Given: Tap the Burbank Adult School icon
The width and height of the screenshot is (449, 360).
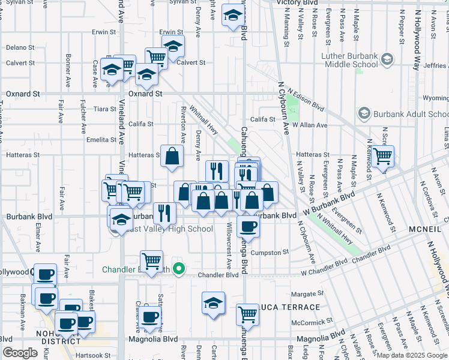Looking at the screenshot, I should click(363, 113).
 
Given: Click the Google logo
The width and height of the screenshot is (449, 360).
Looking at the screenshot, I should click(20, 353).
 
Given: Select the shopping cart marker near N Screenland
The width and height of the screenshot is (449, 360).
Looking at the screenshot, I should click(382, 157).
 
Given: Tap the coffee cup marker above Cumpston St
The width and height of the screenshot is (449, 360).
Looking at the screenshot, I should click(248, 226).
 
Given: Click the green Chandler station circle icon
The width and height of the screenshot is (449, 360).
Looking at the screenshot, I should click(178, 269).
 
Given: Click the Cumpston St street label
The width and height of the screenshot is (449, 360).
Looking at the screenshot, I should click(270, 253).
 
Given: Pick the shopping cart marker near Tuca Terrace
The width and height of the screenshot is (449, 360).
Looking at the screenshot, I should click(248, 313).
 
